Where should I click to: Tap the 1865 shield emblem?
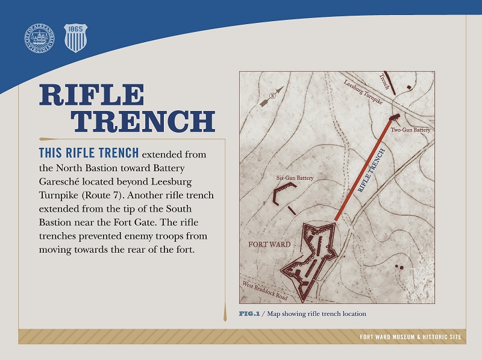[75, 37]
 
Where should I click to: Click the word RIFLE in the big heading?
[92, 95]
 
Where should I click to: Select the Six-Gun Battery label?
[292, 178]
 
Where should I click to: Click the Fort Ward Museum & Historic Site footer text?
[409, 336]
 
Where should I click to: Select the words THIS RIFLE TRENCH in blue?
[89, 151]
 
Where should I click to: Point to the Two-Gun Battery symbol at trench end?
[395, 117]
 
